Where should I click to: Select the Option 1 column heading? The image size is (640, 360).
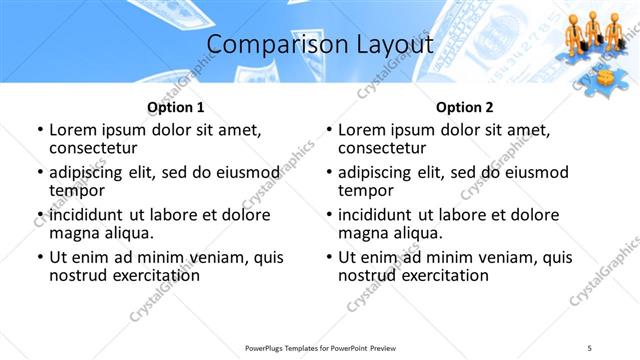click(176, 107)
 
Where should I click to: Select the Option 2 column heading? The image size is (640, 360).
click(465, 107)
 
